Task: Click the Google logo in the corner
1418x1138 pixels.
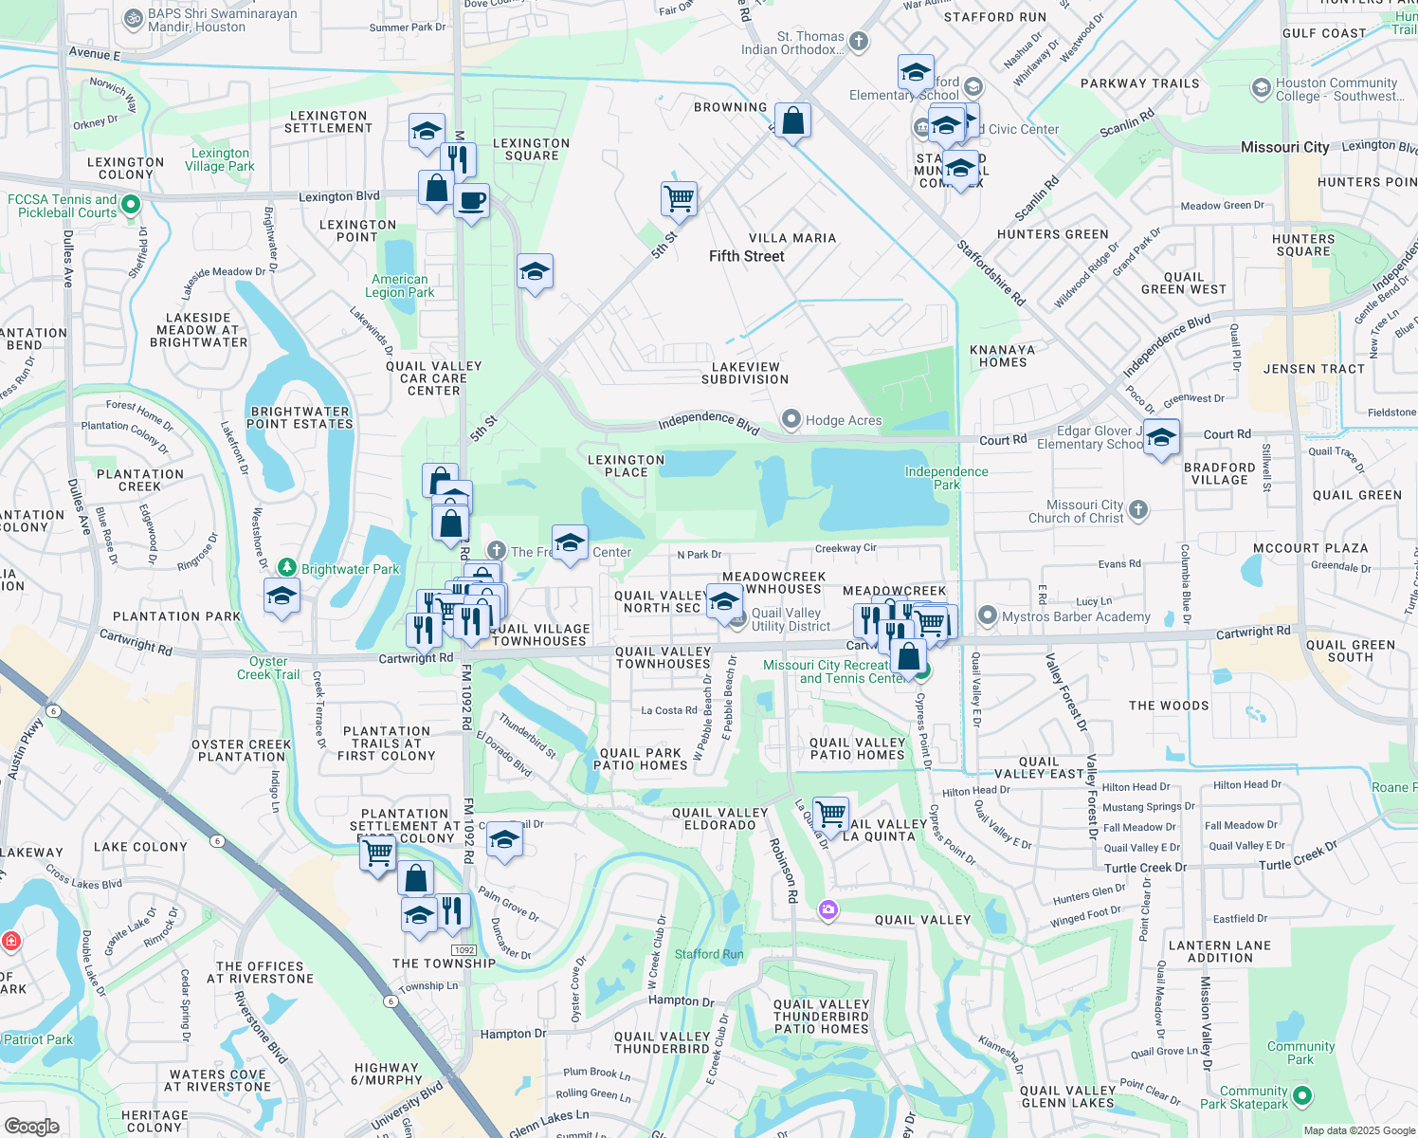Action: (31, 1126)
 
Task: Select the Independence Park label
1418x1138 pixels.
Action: (946, 478)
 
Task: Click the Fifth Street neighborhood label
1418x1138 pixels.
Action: (747, 256)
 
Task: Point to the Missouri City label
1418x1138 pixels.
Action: (1284, 147)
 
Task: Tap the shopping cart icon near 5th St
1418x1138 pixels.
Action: (679, 200)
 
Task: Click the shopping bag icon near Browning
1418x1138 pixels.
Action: (792, 121)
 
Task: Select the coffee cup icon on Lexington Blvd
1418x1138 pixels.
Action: (471, 202)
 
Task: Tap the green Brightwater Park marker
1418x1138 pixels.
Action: (287, 567)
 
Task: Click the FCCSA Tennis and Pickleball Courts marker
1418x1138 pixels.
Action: (132, 205)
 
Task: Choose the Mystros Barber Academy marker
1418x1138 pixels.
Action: (988, 616)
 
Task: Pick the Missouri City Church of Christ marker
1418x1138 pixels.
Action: (1138, 510)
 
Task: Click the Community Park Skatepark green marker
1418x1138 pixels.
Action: (1302, 1096)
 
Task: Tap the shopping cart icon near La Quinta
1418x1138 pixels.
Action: (830, 814)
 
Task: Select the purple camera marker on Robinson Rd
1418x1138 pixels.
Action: (828, 910)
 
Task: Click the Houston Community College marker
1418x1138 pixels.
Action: (1261, 88)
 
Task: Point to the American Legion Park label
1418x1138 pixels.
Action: (400, 285)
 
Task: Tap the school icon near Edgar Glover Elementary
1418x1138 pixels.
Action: (1161, 438)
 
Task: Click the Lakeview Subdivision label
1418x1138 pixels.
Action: (745, 373)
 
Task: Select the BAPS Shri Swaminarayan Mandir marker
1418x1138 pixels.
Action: (133, 18)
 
